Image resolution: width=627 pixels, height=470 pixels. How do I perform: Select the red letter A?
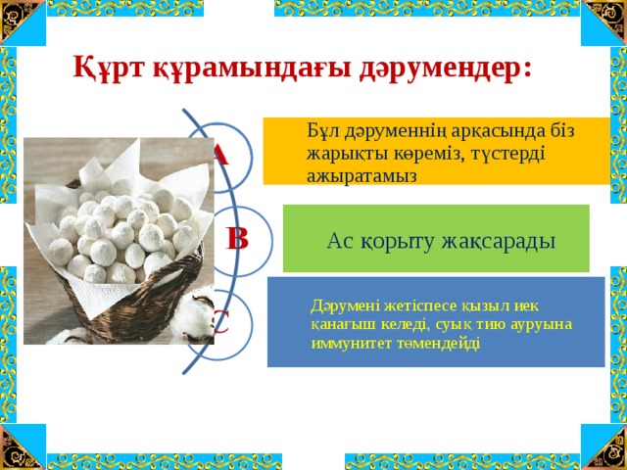[x=221, y=155]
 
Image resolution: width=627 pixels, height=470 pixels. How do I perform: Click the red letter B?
[x=237, y=239]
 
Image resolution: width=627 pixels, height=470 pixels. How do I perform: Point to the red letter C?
[x=221, y=322]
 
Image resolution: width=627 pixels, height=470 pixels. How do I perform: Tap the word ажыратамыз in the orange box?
[x=362, y=176]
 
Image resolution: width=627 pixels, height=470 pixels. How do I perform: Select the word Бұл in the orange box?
[x=322, y=131]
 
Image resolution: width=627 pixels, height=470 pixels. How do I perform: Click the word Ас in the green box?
[x=340, y=242]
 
